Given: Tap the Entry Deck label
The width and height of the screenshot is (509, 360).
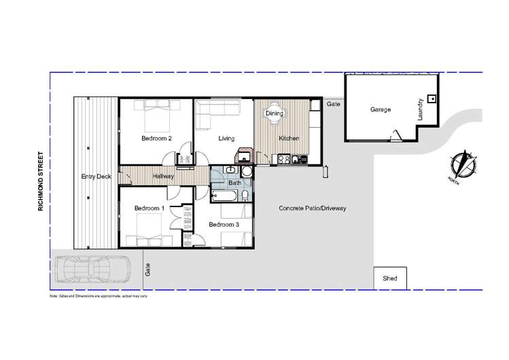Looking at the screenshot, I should click(95, 177).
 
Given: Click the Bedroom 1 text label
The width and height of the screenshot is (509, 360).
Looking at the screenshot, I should click(149, 208).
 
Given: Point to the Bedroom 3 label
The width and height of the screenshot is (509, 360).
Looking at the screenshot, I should click(224, 224).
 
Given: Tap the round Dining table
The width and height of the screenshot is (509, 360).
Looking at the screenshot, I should click(274, 115).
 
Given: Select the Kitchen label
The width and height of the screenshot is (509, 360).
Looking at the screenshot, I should click(289, 139).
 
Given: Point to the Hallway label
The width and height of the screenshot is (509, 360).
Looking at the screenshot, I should click(163, 177).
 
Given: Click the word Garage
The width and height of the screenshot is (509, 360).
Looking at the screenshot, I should click(380, 109).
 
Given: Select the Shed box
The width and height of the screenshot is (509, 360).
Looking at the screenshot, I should click(390, 278).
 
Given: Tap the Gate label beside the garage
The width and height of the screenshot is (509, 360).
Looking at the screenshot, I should click(333, 105).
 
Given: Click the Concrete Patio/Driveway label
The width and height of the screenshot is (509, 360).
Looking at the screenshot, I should click(313, 208).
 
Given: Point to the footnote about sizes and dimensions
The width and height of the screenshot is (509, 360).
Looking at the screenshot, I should click(99, 296).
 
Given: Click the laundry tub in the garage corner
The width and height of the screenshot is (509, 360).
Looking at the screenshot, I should click(432, 97).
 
